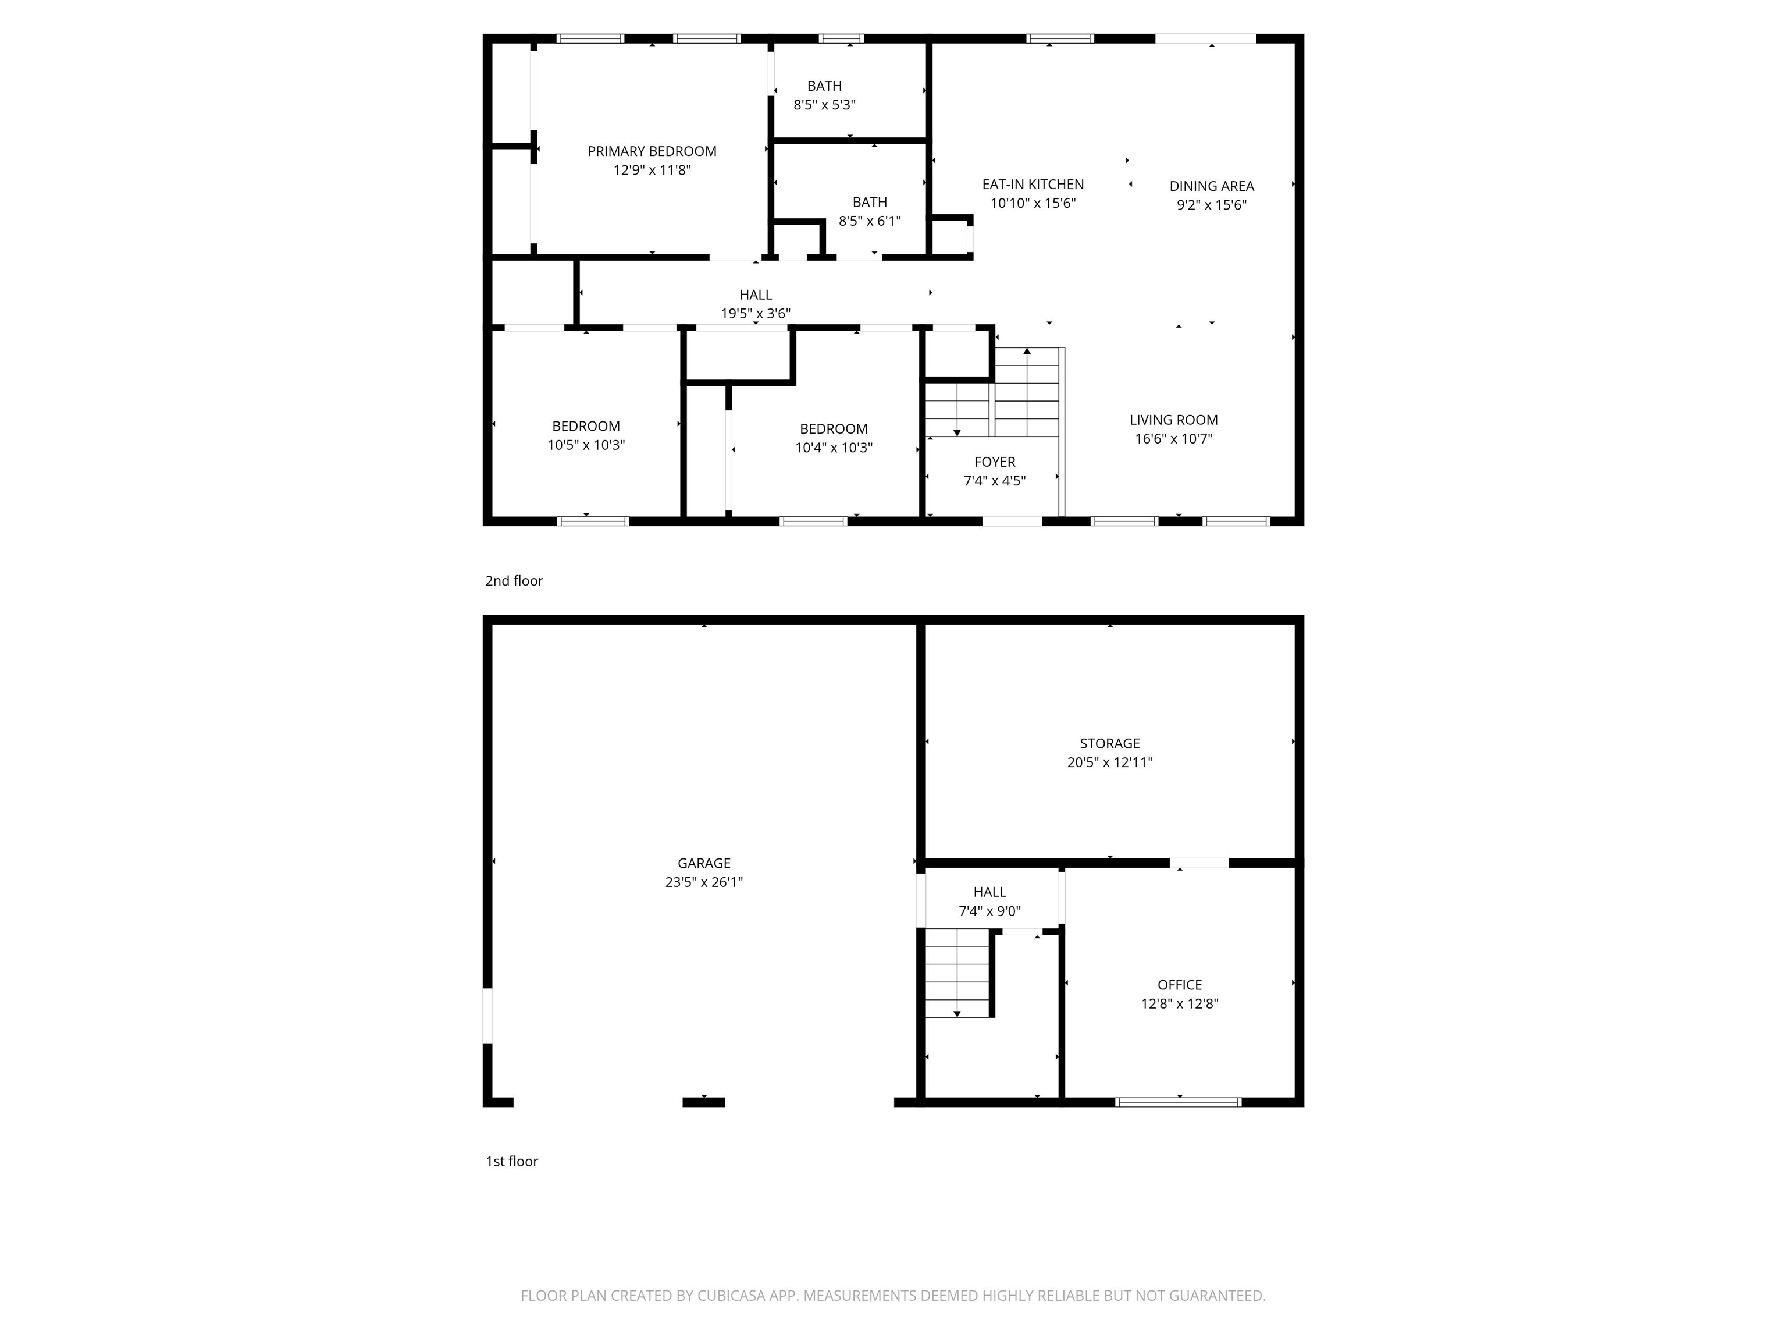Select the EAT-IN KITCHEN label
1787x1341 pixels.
[x=1033, y=185]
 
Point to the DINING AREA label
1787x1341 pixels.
[x=1211, y=186]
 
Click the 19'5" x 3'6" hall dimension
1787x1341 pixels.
[x=756, y=314]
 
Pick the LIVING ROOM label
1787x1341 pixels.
[x=1173, y=420]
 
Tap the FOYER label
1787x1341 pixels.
[x=995, y=462]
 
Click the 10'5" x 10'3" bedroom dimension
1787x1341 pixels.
[x=586, y=445]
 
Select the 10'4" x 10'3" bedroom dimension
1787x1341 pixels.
[x=833, y=448]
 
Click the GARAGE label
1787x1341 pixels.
[x=704, y=863]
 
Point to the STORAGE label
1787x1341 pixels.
[x=1109, y=743]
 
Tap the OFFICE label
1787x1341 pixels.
[x=1180, y=985]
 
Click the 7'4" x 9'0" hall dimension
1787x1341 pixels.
[x=989, y=911]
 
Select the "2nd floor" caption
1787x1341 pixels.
[x=514, y=580]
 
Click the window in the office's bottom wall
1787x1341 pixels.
[x=1178, y=1102]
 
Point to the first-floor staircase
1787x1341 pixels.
[x=957, y=973]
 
